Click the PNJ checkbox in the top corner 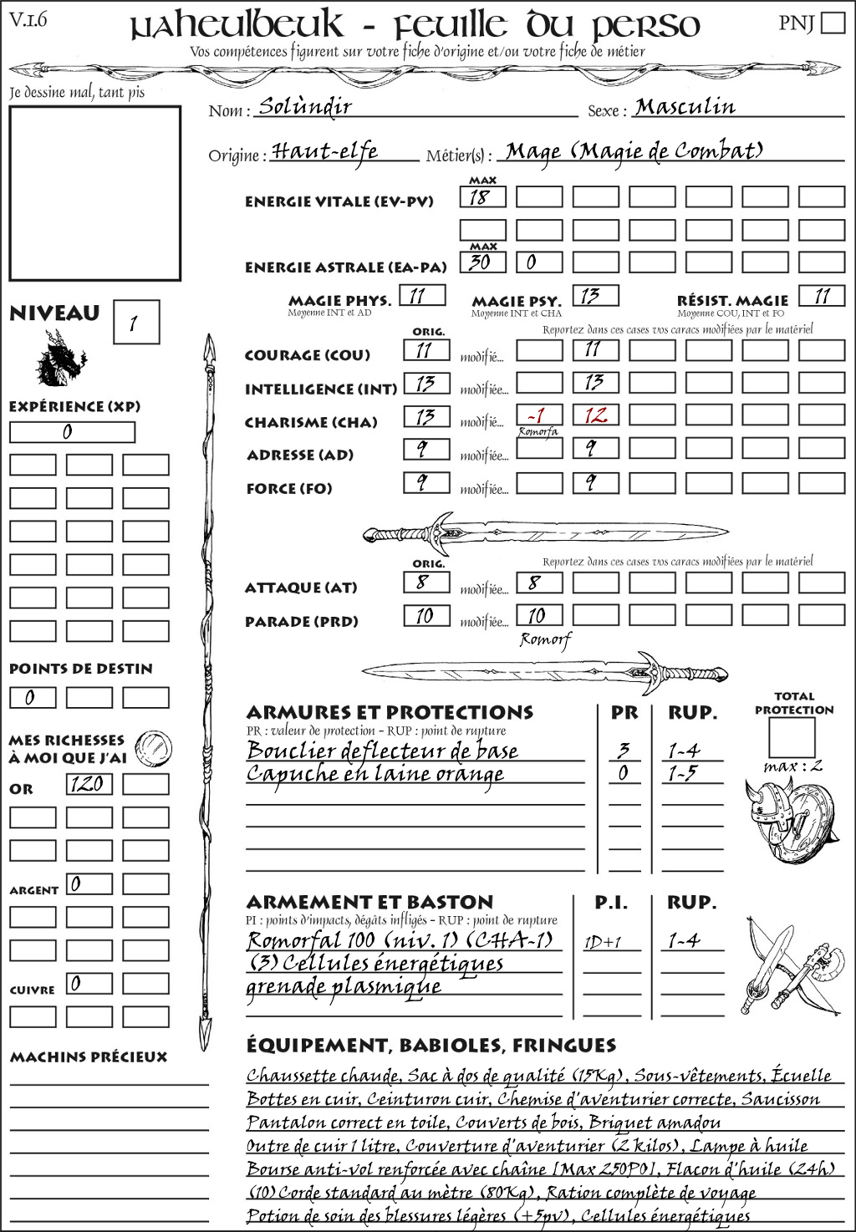pyautogui.click(x=833, y=22)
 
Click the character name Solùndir pyautogui.click(x=304, y=106)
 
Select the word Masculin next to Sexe pyautogui.click(x=685, y=106)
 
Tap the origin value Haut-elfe pyautogui.click(x=324, y=151)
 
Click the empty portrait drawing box pyautogui.click(x=94, y=193)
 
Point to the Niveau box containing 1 pyautogui.click(x=135, y=322)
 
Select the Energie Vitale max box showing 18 pyautogui.click(x=482, y=197)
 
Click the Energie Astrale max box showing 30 pyautogui.click(x=482, y=262)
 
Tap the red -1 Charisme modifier pyautogui.click(x=538, y=415)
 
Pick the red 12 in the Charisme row pyautogui.click(x=595, y=415)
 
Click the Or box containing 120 pyautogui.click(x=89, y=784)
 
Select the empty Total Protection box pyautogui.click(x=792, y=737)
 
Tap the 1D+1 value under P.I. pyautogui.click(x=603, y=942)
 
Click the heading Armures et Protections pyautogui.click(x=390, y=713)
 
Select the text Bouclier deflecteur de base pyautogui.click(x=382, y=751)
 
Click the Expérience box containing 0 pyautogui.click(x=72, y=432)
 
